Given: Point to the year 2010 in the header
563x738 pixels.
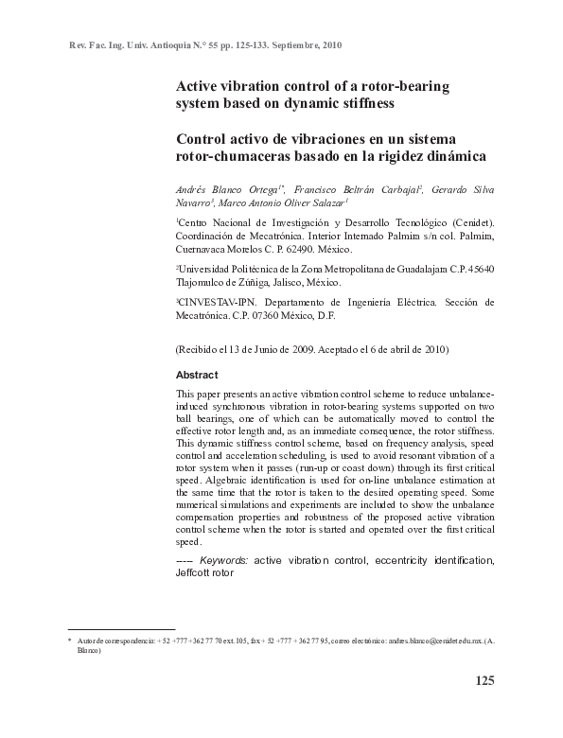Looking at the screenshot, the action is pos(331,44).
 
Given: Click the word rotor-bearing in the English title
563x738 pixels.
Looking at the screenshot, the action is pos(409,86).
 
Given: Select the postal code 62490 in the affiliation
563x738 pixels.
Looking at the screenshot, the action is pos(298,249).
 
